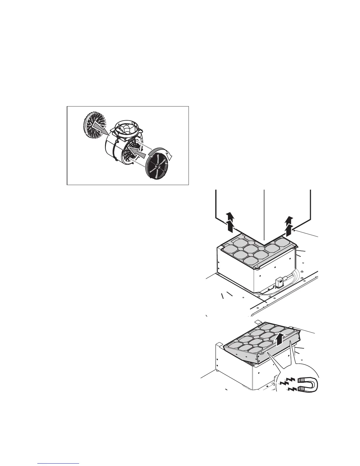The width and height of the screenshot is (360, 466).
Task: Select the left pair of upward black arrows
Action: pos(231,223)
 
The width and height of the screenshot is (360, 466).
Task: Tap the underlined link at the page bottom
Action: pos(59,463)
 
